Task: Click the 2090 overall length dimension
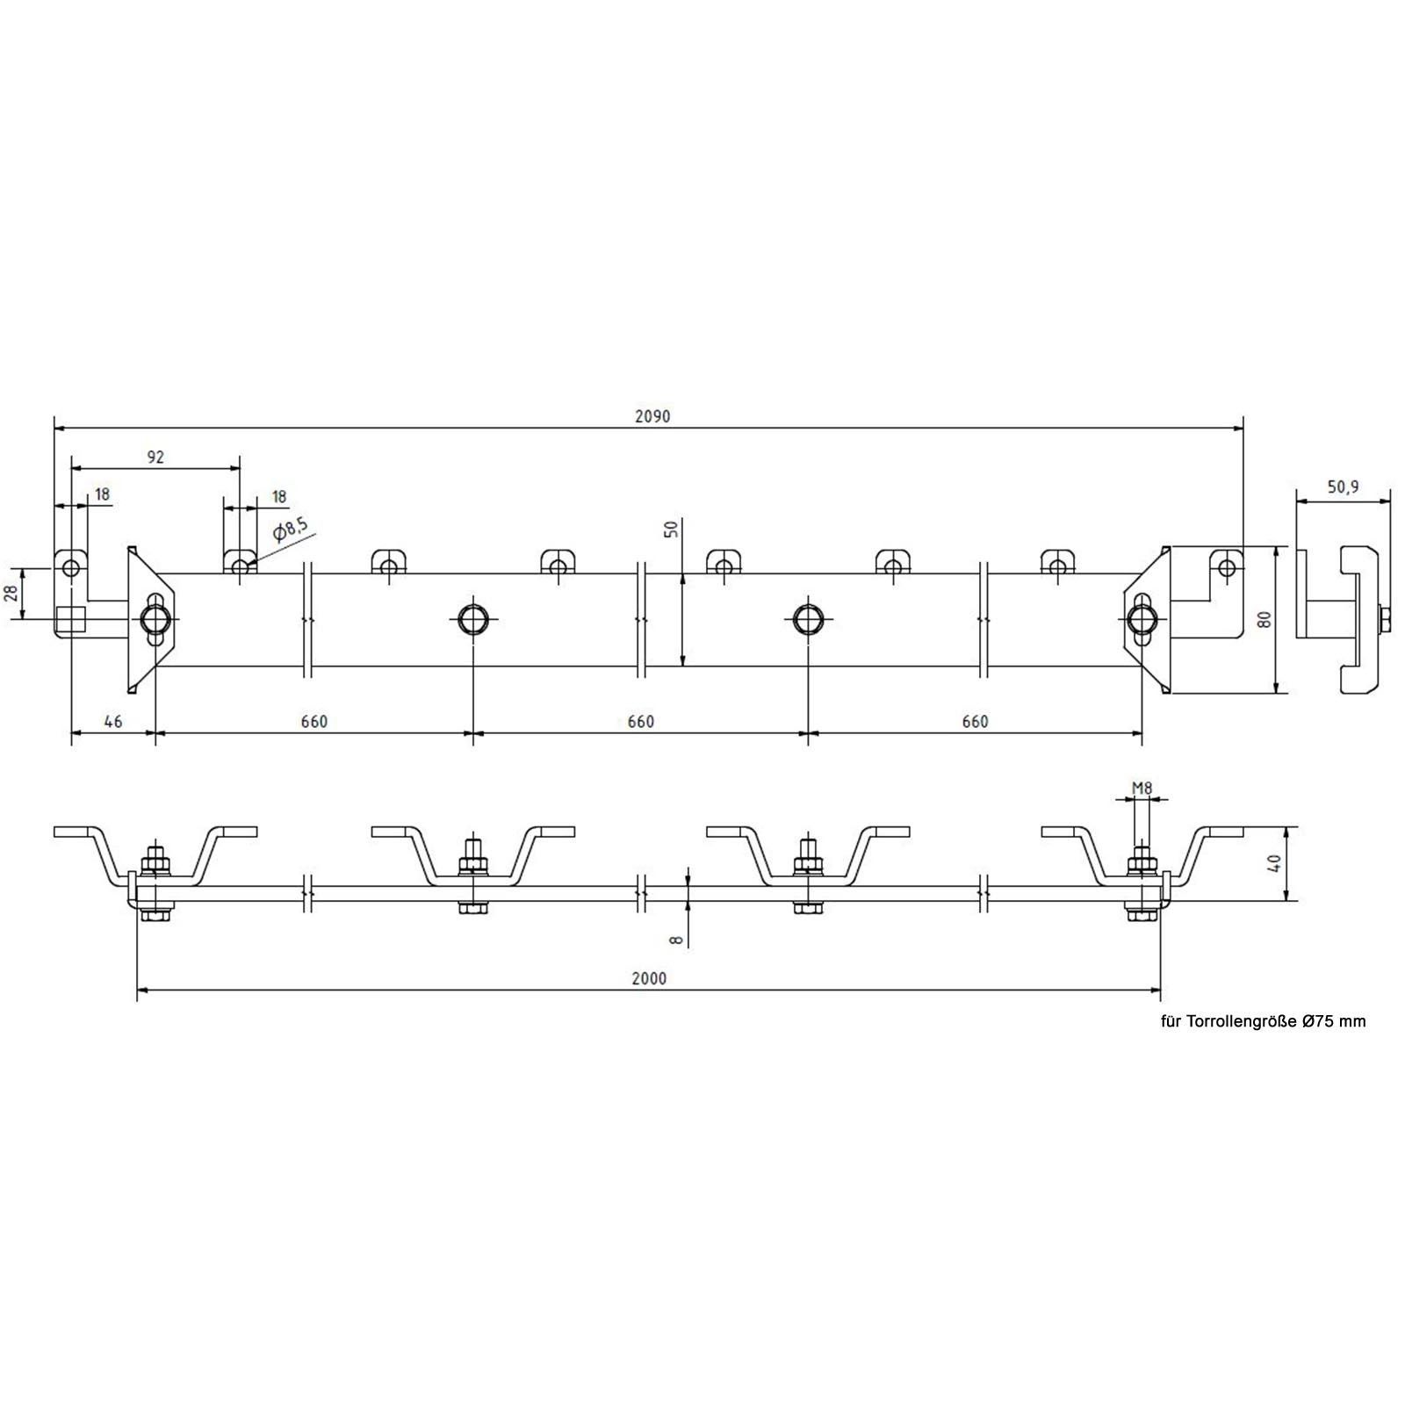pyautogui.click(x=652, y=416)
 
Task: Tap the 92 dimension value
pyautogui.click(x=155, y=457)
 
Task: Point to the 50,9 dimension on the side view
pyautogui.click(x=1343, y=486)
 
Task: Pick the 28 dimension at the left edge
pyautogui.click(x=11, y=594)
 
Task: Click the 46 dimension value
pyautogui.click(x=112, y=722)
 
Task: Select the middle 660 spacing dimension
pyautogui.click(x=641, y=722)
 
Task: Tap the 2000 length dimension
pyautogui.click(x=649, y=978)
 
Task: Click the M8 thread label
pyautogui.click(x=1142, y=789)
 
